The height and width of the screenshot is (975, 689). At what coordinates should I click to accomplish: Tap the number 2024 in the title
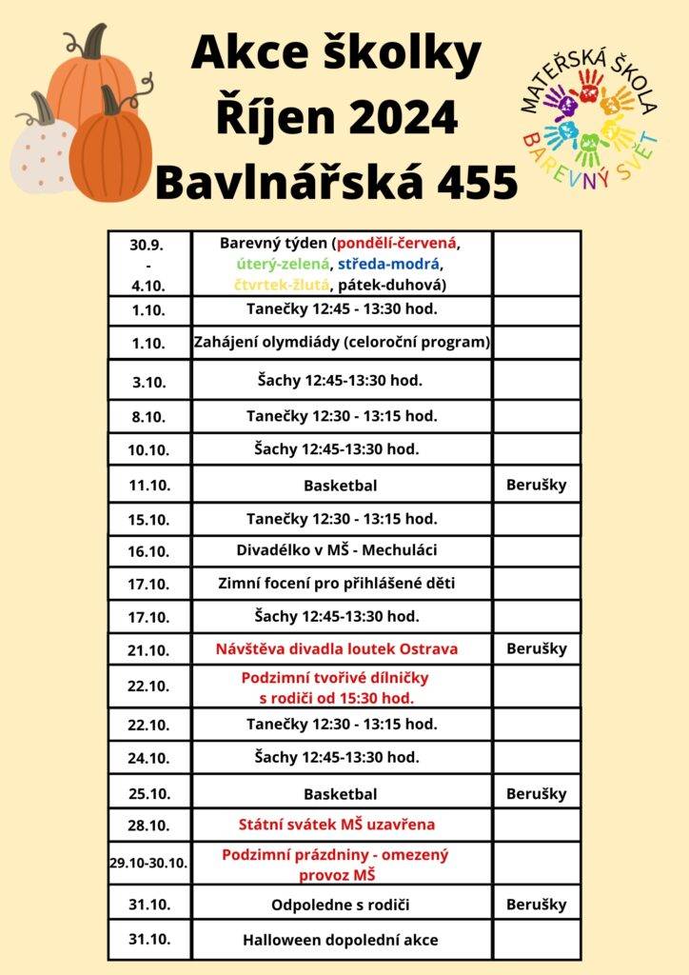(x=392, y=120)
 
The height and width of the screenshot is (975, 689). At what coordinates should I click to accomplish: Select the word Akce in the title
(x=243, y=56)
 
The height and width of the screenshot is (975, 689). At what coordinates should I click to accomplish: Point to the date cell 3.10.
(x=149, y=381)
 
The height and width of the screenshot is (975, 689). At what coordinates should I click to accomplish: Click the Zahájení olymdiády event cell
(x=342, y=343)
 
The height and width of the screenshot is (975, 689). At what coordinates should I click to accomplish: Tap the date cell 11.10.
(x=149, y=485)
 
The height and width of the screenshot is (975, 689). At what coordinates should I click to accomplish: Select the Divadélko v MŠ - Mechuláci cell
(x=342, y=550)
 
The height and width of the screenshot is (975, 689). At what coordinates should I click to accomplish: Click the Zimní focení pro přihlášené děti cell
(x=342, y=583)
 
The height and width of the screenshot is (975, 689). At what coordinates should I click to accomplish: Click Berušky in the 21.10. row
(x=537, y=649)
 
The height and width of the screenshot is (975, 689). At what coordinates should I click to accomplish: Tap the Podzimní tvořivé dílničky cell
(x=342, y=687)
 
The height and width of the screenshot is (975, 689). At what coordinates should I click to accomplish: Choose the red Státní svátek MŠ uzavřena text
(x=342, y=824)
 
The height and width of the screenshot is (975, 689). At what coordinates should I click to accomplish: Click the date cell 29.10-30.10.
(x=148, y=864)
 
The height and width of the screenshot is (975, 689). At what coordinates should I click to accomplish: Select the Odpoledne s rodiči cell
(x=342, y=905)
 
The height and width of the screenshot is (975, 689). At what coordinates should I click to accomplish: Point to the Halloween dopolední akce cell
(x=342, y=940)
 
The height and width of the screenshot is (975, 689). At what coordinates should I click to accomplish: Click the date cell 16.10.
(x=149, y=550)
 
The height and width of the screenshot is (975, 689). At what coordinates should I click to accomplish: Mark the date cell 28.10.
(x=149, y=824)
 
